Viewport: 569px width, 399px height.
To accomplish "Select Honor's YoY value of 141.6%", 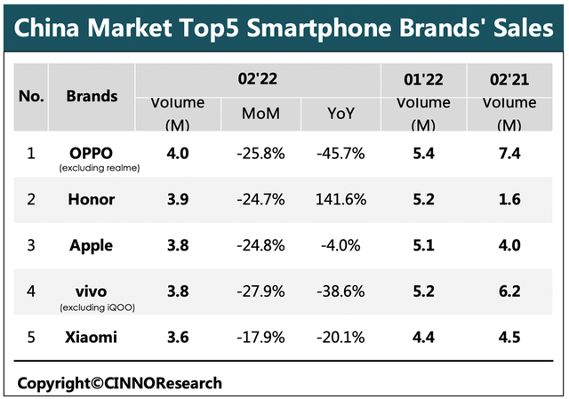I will pyautogui.click(x=341, y=199).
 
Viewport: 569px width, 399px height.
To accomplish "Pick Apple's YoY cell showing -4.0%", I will pyautogui.click(x=341, y=245).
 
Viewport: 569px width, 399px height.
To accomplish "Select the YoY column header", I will pyautogui.click(x=341, y=114).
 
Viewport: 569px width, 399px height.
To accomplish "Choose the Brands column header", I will pyautogui.click(x=92, y=95).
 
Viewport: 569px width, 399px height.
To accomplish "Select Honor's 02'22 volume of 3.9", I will pyautogui.click(x=179, y=199).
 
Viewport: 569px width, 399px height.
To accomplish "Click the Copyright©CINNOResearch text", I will pyautogui.click(x=120, y=383).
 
